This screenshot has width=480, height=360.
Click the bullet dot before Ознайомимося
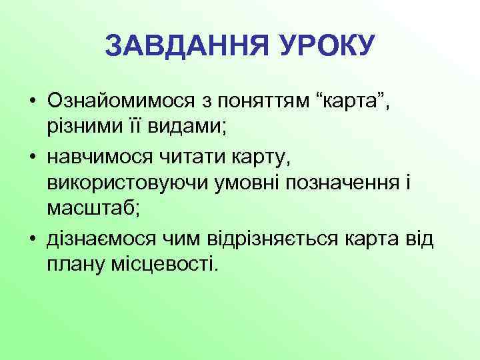click(x=32, y=101)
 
